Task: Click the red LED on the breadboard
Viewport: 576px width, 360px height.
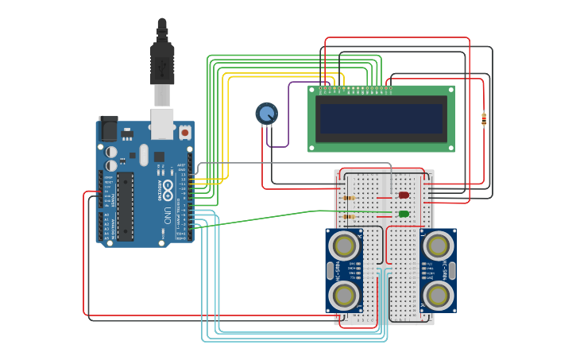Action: (x=404, y=195)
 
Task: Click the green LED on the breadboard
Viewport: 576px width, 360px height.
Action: (x=404, y=214)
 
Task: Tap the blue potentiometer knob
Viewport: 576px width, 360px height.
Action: (x=267, y=114)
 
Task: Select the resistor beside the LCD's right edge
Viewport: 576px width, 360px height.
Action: (x=484, y=119)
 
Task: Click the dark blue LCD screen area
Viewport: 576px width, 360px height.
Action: (x=381, y=118)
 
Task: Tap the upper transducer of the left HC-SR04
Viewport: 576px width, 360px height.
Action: (x=344, y=242)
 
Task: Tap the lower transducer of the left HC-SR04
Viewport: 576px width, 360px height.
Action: (x=344, y=296)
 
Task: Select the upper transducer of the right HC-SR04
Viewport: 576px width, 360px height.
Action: (x=439, y=242)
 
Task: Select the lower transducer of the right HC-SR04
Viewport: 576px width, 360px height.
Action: (x=439, y=296)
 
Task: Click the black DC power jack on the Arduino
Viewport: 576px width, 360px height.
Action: (x=107, y=129)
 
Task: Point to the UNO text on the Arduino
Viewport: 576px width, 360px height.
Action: (x=168, y=215)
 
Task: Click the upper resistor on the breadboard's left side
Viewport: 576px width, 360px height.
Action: (x=348, y=198)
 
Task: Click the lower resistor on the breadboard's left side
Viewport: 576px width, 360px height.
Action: (x=348, y=216)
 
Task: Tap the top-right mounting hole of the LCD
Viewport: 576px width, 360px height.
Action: (x=450, y=90)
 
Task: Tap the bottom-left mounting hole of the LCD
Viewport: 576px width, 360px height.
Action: (x=313, y=147)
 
